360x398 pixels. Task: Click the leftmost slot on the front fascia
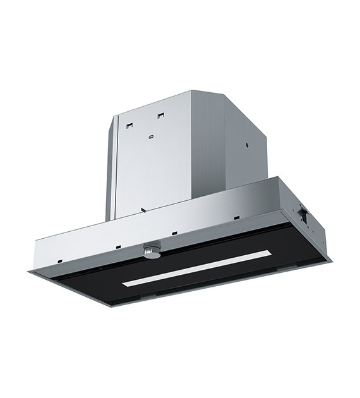pos(57,258)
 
